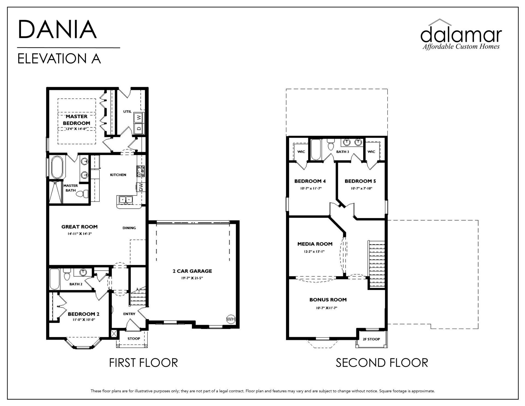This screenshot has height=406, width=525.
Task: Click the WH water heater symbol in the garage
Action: point(231,319)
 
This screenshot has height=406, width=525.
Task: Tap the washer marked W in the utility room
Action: point(139,117)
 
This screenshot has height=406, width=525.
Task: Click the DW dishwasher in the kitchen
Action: point(141,187)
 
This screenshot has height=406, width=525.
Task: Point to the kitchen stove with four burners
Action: point(141,171)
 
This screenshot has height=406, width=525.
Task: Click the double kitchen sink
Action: point(125,200)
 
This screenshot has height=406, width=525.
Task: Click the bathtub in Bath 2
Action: point(55,279)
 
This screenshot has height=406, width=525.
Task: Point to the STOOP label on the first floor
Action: point(134,338)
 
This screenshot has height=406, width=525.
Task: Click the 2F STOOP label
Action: point(371,339)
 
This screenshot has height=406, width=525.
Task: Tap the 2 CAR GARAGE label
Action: point(192,271)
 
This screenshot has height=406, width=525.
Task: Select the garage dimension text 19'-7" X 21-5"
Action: point(192,278)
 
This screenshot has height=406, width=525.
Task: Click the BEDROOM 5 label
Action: point(360,181)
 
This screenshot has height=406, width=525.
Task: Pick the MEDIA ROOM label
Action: point(315,244)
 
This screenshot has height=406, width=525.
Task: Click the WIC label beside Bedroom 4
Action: point(301,152)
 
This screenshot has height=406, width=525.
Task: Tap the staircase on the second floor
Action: point(377,264)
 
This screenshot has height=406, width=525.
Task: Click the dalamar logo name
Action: point(461,35)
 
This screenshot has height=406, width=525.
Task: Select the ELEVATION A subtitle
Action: point(59,59)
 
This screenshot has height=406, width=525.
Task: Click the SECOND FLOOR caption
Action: point(382,363)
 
